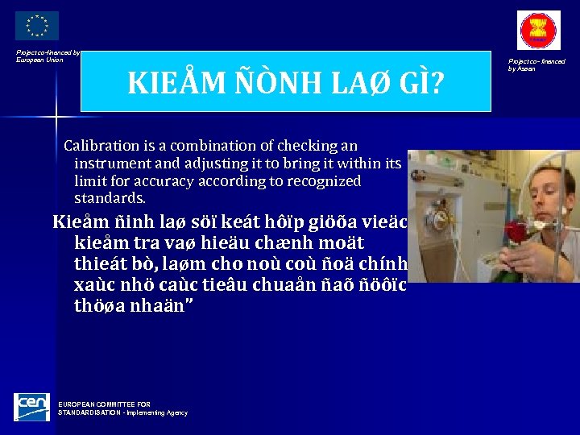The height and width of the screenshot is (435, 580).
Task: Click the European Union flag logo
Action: point(37,26)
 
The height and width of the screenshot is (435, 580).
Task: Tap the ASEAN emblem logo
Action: point(538,31)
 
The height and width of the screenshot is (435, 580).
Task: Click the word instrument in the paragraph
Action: point(109,164)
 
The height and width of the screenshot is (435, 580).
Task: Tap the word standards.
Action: point(110,198)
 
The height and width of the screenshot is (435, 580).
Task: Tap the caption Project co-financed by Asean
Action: point(536,64)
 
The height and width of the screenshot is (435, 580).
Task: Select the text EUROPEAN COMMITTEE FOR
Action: point(104,404)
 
